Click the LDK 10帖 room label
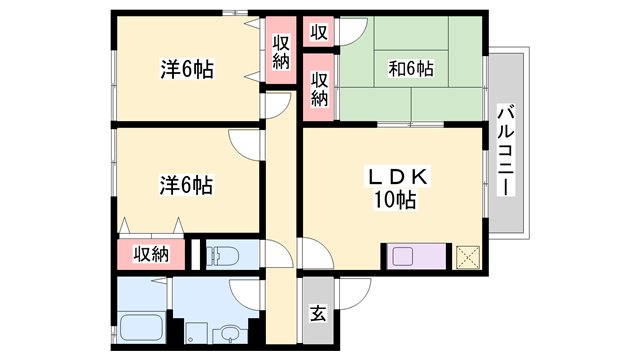[396, 188]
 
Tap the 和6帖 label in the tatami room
[411, 69]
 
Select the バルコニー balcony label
[506, 150]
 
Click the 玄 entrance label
[318, 313]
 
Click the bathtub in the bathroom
[141, 327]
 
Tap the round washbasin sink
[230, 333]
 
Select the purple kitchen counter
[416, 256]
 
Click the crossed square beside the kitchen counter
[468, 257]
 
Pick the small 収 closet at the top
[319, 32]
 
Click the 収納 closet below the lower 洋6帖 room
[151, 255]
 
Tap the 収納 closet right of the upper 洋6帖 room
[281, 52]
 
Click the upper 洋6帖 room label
[187, 69]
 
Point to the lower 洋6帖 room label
[186, 185]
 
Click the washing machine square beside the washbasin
[196, 333]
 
